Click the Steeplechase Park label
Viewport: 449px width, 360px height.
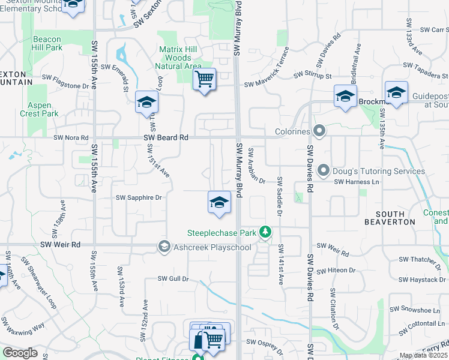point(221,232)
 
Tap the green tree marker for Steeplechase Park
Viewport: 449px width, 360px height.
point(265,232)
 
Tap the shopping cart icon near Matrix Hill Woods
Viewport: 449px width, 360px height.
point(205,79)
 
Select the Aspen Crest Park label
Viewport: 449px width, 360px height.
point(38,109)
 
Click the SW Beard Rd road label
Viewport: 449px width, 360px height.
point(166,138)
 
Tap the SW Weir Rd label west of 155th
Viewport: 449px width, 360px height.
point(59,245)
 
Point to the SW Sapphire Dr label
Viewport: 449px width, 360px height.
point(139,197)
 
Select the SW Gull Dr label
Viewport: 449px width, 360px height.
point(173,278)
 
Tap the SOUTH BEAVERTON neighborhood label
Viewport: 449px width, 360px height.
point(395,218)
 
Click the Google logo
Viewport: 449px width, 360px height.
point(20,353)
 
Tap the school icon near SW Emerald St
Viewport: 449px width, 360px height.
point(146,101)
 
